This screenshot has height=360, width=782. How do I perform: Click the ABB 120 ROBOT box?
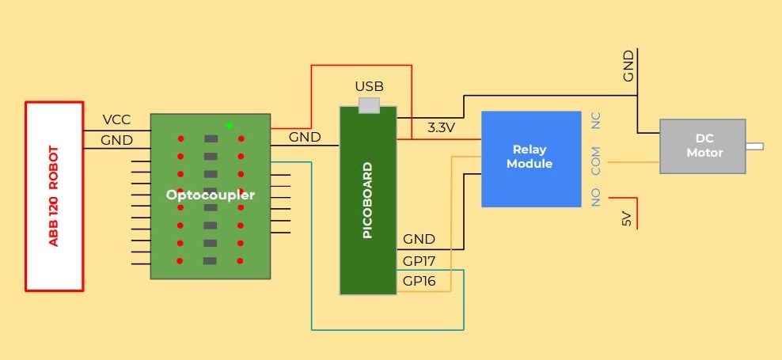pyautogui.click(x=54, y=195)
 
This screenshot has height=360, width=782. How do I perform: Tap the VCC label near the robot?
pyautogui.click(x=116, y=120)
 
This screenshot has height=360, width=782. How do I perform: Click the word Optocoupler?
pyautogui.click(x=211, y=194)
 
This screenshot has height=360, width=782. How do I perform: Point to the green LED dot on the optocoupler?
pyautogui.click(x=230, y=125)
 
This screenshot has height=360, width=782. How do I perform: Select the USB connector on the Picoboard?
pyautogui.click(x=369, y=104)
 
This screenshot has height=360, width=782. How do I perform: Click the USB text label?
pyautogui.click(x=369, y=86)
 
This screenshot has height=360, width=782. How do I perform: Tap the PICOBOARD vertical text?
pyautogui.click(x=367, y=201)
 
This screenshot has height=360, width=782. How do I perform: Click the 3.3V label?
pyautogui.click(x=441, y=127)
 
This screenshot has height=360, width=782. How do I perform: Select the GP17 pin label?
pyautogui.click(x=419, y=260)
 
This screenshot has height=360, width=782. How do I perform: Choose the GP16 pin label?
pyautogui.click(x=419, y=281)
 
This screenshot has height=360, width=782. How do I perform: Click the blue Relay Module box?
pyautogui.click(x=531, y=157)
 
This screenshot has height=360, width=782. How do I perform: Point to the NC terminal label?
pyautogui.click(x=596, y=120)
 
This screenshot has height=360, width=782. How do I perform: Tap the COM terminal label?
pyautogui.click(x=596, y=161)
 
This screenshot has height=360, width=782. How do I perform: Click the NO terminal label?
pyautogui.click(x=596, y=197)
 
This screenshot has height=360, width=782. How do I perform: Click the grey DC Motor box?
pyautogui.click(x=703, y=146)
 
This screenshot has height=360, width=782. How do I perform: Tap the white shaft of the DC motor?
pyautogui.click(x=754, y=146)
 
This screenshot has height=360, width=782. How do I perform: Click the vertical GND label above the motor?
pyautogui.click(x=628, y=66)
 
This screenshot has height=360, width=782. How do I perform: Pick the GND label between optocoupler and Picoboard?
pyautogui.click(x=305, y=137)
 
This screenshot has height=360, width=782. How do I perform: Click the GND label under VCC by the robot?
pyautogui.click(x=116, y=140)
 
